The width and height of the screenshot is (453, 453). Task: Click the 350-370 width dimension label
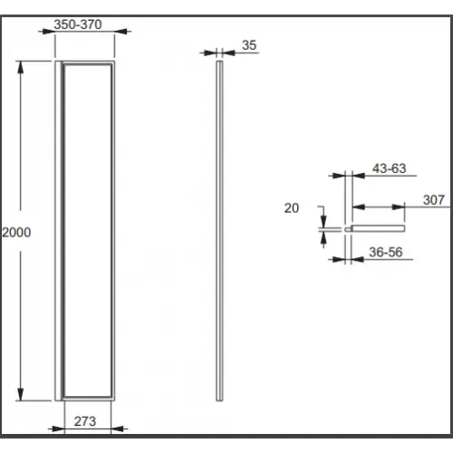(78, 24)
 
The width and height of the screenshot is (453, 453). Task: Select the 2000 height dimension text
(16, 232)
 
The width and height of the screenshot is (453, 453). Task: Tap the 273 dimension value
(85, 421)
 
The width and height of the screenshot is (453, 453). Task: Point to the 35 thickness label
(249, 45)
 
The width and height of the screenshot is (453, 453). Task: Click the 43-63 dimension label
(389, 169)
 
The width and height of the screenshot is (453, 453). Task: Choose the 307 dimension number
(434, 200)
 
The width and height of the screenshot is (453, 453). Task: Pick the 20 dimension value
(292, 208)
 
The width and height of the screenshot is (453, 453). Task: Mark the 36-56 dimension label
(386, 252)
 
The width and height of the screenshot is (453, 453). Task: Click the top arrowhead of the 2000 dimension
(20, 67)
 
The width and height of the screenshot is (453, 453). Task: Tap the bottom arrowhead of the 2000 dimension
(20, 395)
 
